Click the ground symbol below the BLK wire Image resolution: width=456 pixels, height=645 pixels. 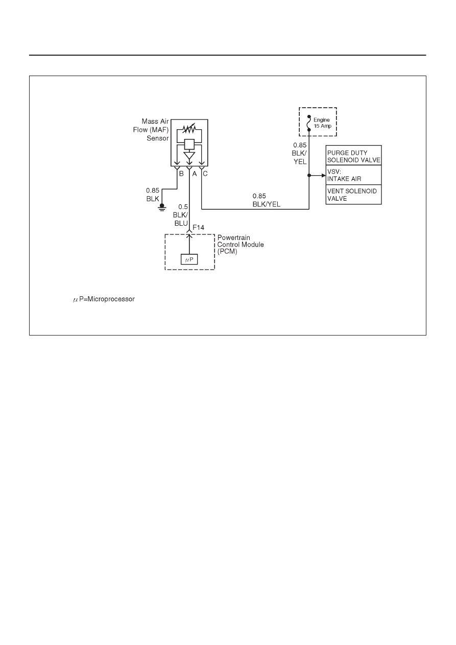click(162, 207)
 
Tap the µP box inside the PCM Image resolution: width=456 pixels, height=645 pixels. click(189, 259)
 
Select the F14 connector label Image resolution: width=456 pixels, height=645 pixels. click(198, 227)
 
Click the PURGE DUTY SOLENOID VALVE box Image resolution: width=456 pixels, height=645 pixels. click(353, 155)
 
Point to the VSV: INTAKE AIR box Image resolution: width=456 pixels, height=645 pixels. click(353, 175)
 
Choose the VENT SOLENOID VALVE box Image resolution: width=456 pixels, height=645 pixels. click(353, 195)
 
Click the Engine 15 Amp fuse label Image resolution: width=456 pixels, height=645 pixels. click(322, 123)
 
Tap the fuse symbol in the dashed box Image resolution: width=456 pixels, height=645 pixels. click(309, 123)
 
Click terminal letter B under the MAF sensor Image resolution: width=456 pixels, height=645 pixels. click(181, 174)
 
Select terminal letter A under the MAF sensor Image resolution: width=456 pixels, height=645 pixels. click(195, 174)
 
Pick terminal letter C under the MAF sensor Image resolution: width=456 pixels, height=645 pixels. click(205, 174)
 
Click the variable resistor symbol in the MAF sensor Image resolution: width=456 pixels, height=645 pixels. click(189, 129)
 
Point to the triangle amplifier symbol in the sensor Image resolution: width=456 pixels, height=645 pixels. click(189, 155)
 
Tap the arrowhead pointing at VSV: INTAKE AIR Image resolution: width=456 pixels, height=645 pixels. click(324, 175)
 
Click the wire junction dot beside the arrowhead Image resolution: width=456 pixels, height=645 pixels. click(309, 175)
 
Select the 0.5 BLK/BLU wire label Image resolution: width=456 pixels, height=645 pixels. click(180, 215)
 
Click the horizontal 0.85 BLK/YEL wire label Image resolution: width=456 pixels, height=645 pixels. click(266, 200)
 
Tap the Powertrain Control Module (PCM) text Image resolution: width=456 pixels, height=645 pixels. click(241, 245)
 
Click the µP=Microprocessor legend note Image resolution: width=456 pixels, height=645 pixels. click(104, 299)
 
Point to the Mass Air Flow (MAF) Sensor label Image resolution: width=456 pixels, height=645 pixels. click(151, 130)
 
